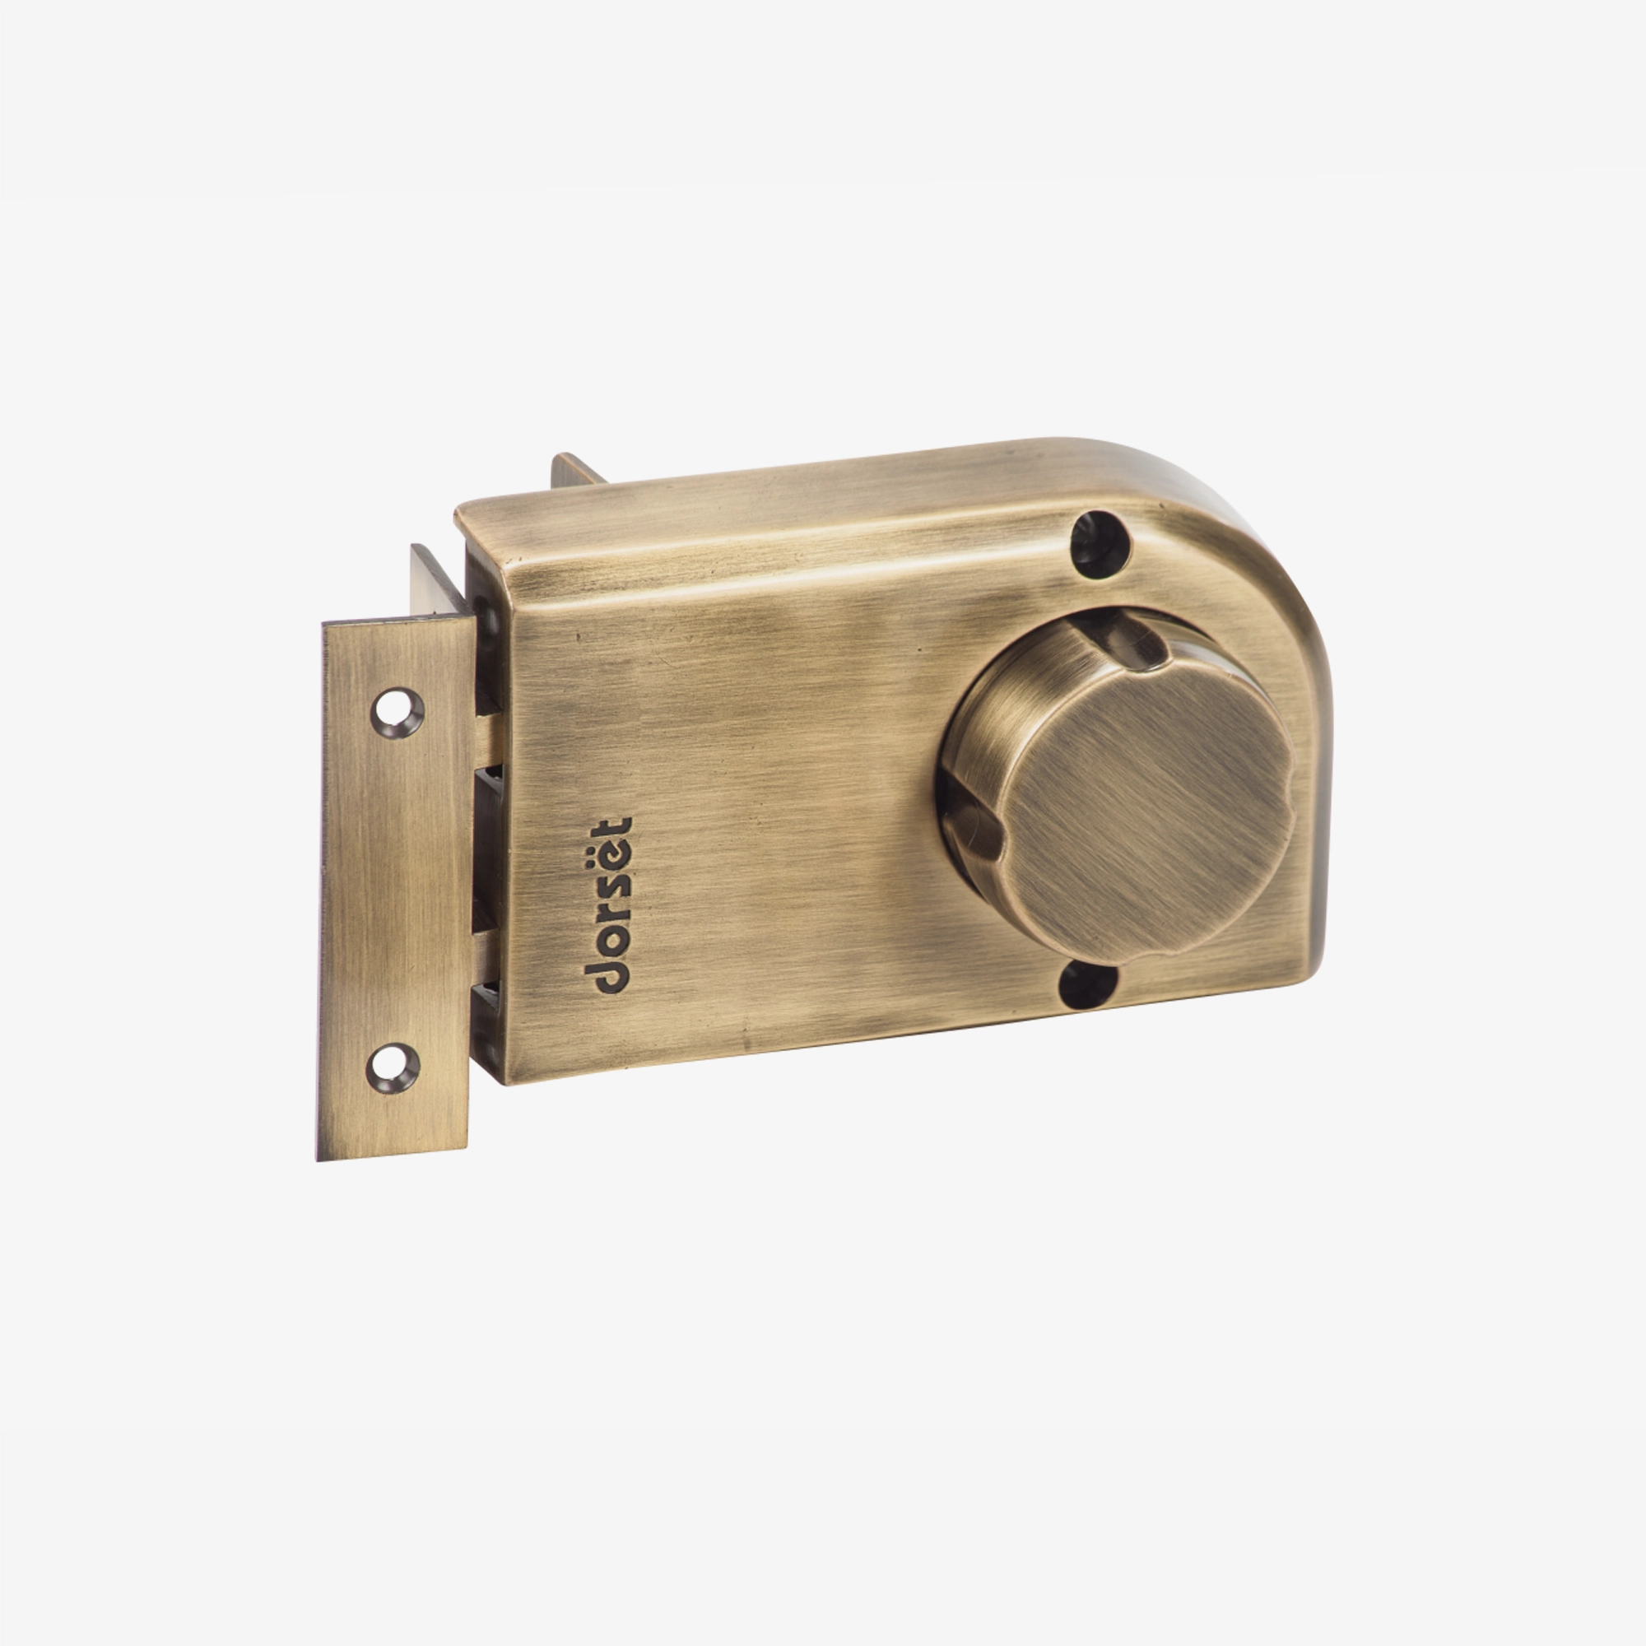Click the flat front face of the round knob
click(1146, 814)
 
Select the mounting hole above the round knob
click(1100, 543)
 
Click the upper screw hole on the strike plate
click(397, 712)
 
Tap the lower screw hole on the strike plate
click(393, 1068)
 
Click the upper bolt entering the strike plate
click(489, 740)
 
